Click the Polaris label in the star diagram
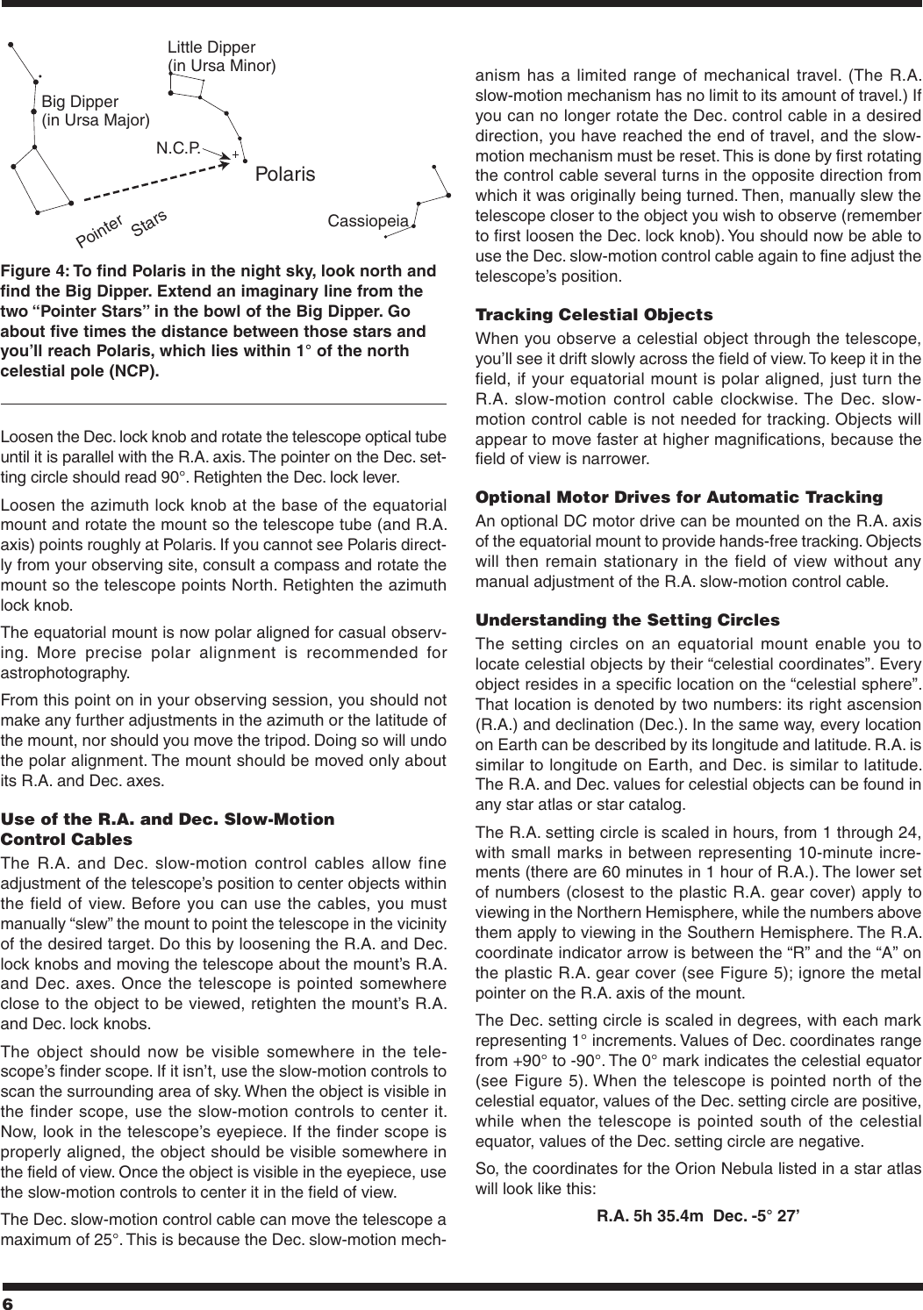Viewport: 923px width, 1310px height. point(284,175)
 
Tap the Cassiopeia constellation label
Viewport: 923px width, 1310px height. point(368,221)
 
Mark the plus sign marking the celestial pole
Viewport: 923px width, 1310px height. point(235,155)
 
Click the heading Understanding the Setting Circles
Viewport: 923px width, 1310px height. point(626,619)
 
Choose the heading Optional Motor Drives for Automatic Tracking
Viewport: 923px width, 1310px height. point(678,497)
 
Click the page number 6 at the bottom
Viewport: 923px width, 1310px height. point(10,1299)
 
